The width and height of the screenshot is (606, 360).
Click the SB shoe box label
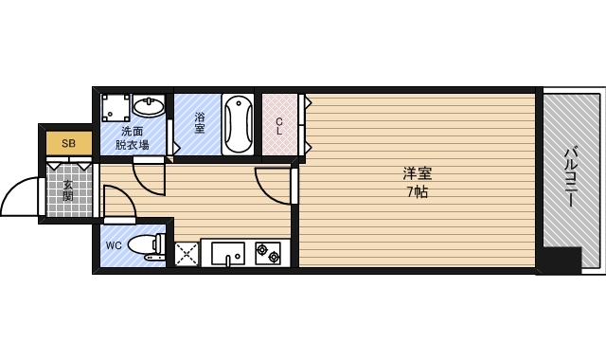[67, 143]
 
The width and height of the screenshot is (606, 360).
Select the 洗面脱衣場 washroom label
[132, 138]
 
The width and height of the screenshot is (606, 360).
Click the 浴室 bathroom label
[200, 122]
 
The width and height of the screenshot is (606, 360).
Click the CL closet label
[279, 124]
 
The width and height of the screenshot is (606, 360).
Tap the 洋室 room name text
[417, 173]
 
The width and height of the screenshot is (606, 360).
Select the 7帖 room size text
[417, 192]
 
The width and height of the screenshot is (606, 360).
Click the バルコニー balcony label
[572, 177]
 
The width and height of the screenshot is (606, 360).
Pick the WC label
[114, 246]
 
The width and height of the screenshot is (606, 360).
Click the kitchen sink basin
[227, 254]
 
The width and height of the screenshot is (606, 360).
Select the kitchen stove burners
[267, 254]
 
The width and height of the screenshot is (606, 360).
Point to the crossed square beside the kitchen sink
[187, 254]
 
